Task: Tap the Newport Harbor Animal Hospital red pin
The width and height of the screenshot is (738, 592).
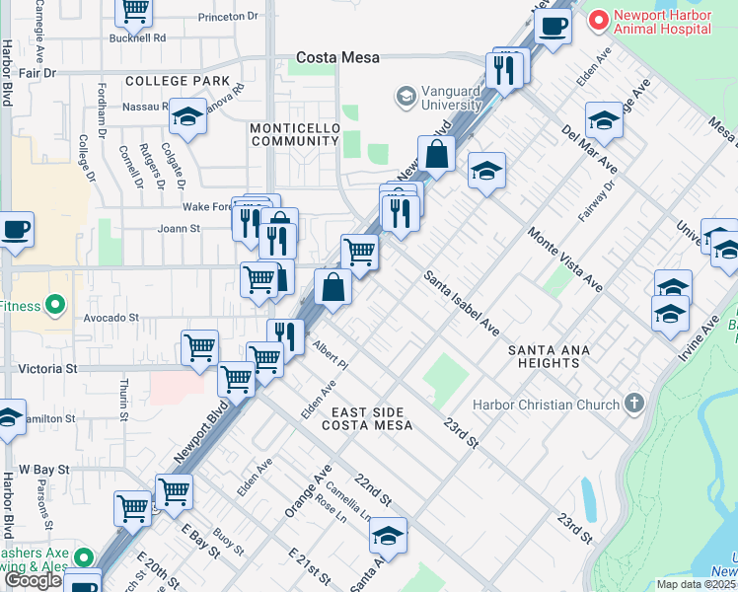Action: point(596,20)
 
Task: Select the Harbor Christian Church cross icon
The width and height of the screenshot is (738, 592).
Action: point(633,404)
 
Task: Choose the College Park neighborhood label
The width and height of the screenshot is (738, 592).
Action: point(178,81)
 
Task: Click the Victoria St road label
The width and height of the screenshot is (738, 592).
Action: point(46,368)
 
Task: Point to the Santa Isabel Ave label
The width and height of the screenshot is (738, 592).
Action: point(462,303)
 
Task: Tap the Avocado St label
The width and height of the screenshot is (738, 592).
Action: point(111,318)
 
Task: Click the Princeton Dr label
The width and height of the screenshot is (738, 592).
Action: point(227,17)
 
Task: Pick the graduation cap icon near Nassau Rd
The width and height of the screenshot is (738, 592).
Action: point(185,116)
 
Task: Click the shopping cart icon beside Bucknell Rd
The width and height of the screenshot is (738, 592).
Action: point(133,10)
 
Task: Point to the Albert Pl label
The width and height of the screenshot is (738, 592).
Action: point(331,357)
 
